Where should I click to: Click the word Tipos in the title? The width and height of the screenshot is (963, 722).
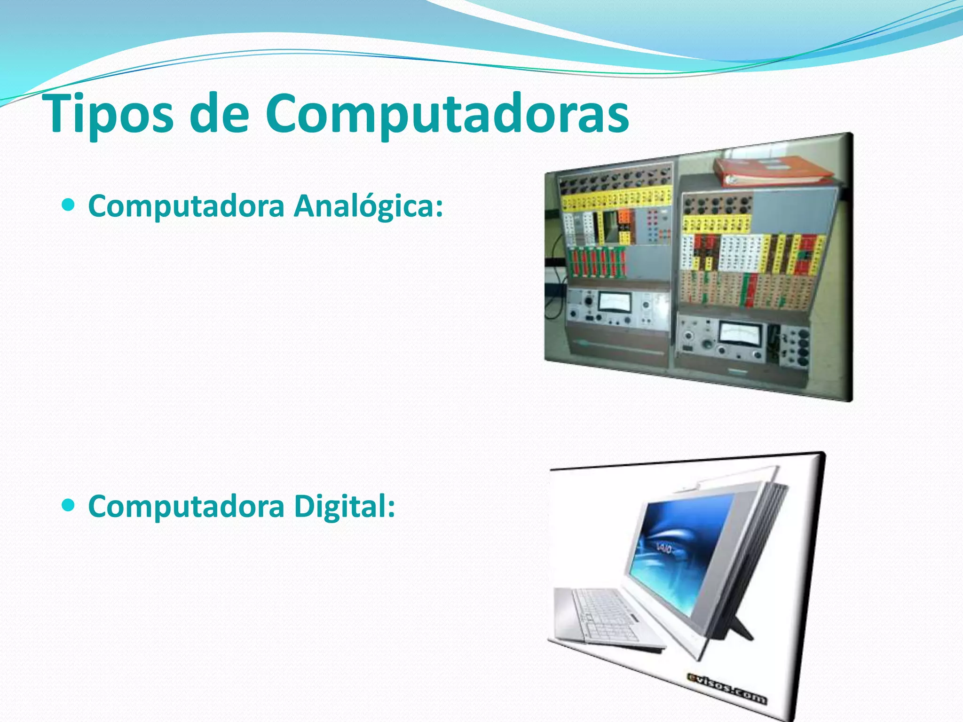110,114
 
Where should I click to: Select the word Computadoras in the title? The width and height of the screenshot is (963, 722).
447,114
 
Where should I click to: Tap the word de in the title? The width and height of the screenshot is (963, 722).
219,114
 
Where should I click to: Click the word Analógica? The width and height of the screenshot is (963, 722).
368,206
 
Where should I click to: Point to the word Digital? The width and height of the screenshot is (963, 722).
345,506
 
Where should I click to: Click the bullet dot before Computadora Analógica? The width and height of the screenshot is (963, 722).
69,205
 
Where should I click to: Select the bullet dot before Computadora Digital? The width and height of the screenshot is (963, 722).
69,505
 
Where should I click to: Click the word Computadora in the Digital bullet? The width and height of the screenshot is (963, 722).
186,506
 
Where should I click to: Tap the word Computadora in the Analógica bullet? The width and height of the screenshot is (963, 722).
186,206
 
